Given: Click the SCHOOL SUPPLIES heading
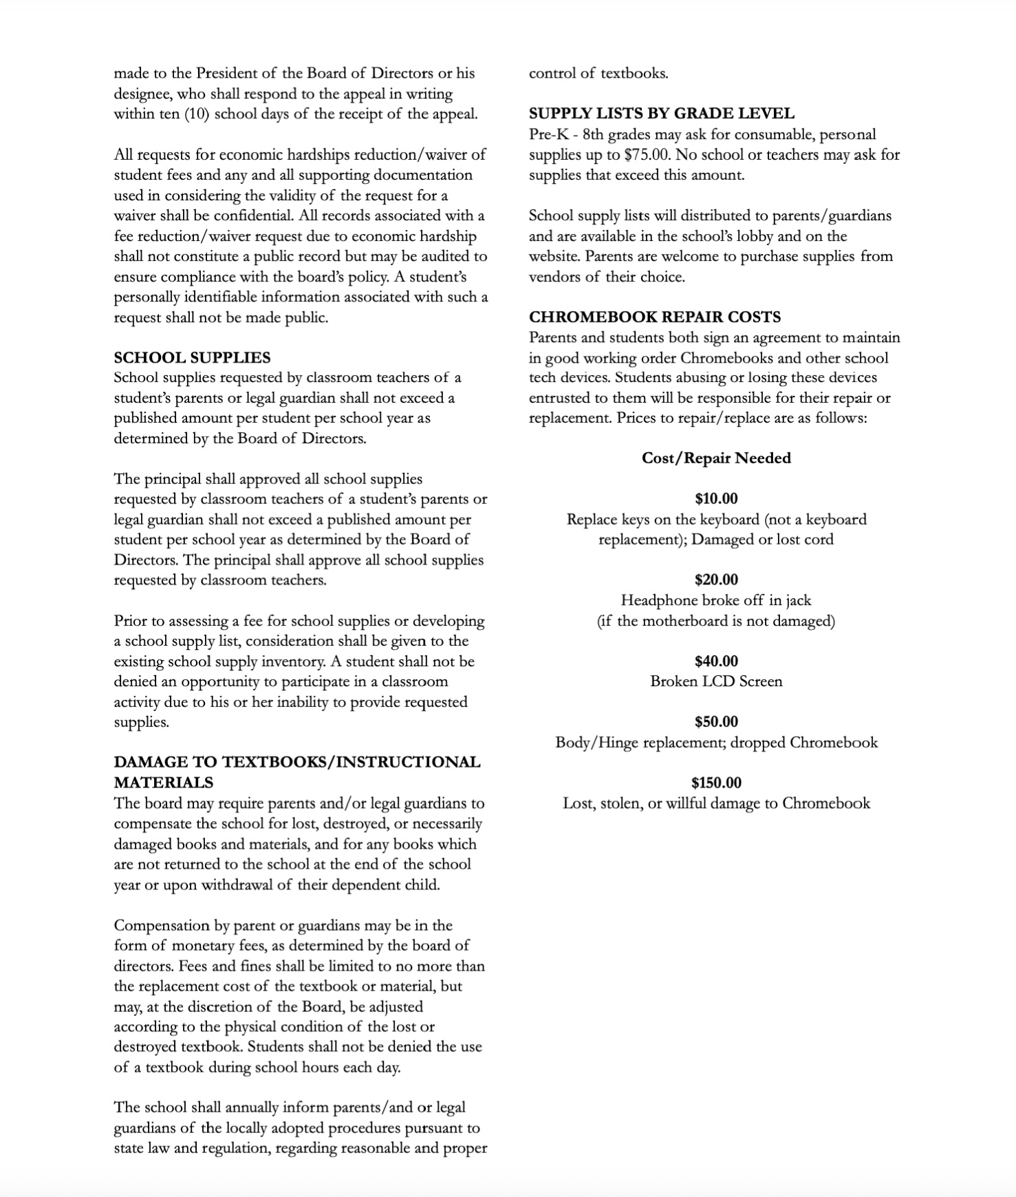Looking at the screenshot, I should click(x=192, y=358).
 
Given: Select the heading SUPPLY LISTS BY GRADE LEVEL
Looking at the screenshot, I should click(x=661, y=114).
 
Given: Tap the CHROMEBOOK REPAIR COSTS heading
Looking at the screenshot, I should click(x=654, y=317).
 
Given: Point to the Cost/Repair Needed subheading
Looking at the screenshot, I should click(x=716, y=458).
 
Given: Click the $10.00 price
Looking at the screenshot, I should click(x=716, y=499).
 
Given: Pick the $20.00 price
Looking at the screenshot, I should click(x=716, y=580).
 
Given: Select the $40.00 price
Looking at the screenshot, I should click(x=716, y=661).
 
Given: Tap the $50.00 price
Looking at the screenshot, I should click(x=716, y=722).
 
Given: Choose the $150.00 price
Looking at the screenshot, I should click(x=716, y=783).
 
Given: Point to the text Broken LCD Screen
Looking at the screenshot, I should click(x=716, y=681).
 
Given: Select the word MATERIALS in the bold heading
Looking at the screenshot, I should click(x=164, y=783).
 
